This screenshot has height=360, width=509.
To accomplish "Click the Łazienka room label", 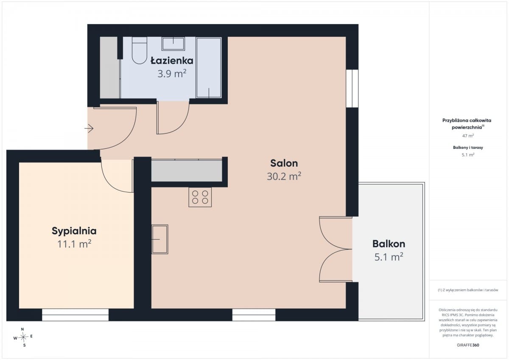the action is [172, 61].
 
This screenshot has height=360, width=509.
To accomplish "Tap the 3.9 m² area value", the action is [172, 74].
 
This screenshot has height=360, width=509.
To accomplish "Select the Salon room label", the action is [284, 163].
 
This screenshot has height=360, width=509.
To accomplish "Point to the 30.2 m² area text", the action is [284, 176].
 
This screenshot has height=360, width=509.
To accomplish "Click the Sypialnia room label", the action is [74, 231].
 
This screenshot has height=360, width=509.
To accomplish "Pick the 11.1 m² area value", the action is [74, 244].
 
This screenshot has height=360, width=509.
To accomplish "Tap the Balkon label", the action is [389, 244].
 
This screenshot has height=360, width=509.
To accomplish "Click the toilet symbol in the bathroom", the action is [139, 50].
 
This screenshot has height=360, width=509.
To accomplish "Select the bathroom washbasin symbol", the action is [173, 44].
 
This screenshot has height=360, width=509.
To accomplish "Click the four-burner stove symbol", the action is [200, 197].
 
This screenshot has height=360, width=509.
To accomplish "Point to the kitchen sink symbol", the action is [160, 239].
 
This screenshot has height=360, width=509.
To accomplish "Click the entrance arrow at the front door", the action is [89, 128].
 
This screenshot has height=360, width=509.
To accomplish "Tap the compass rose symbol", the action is [23, 337].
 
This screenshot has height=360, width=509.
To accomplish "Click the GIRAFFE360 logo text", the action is [468, 345].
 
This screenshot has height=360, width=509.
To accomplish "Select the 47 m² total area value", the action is [468, 136].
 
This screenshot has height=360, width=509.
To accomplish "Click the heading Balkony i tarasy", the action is [468, 148].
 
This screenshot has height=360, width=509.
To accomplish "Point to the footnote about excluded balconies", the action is [468, 290].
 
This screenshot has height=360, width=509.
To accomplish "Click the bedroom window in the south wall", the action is [75, 315].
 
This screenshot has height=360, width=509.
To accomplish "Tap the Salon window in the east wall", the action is [352, 88].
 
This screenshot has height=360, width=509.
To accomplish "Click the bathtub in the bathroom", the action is [209, 68].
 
